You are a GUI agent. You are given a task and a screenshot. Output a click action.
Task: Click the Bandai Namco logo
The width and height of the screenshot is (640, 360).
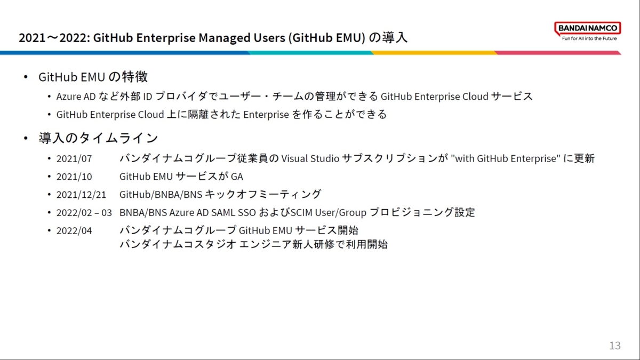587,31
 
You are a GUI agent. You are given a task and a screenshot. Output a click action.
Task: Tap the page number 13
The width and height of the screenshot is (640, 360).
615,346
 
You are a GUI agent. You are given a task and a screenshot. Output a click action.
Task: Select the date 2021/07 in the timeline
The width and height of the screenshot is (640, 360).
74,159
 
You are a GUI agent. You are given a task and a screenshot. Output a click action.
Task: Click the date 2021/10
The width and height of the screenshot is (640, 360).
74,177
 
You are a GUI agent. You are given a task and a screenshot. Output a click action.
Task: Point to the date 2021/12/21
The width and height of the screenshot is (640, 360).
81,195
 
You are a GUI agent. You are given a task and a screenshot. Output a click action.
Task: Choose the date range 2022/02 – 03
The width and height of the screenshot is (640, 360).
84,213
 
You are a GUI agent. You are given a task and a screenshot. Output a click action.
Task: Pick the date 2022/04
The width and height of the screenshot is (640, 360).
74,231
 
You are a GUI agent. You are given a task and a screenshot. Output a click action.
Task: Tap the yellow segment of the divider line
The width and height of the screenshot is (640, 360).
434,53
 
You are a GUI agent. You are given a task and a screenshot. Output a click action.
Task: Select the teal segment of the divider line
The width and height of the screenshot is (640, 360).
310,53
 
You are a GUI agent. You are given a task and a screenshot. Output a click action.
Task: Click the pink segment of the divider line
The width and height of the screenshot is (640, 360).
558,53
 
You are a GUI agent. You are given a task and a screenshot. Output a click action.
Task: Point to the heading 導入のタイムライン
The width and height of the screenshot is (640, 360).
98,138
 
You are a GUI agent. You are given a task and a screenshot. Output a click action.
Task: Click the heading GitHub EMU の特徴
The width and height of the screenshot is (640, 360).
93,77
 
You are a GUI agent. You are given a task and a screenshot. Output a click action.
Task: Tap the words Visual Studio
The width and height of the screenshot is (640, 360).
310,158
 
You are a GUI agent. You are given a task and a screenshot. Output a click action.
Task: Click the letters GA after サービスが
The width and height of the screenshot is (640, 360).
237,177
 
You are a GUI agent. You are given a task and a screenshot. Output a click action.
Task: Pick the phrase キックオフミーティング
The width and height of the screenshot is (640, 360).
263,195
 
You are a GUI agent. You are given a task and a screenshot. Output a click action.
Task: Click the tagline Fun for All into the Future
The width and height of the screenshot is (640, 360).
589,38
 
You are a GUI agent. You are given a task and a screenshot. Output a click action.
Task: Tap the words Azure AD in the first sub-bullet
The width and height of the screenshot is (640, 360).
76,97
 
